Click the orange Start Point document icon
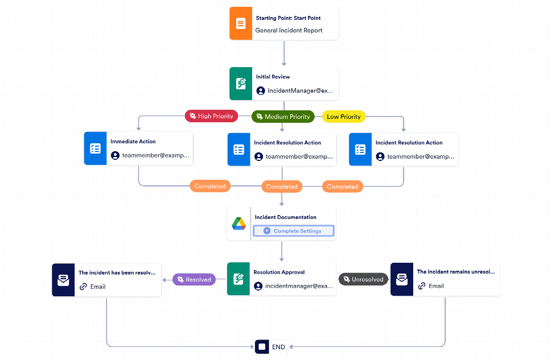241,23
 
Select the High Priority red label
212,116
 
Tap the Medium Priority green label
283,117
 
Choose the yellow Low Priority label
344,117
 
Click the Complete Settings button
294,231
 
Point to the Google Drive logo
239,224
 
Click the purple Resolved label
194,280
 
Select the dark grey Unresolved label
363,279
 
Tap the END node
272,347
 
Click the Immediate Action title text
133,142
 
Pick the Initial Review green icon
241,84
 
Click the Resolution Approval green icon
239,279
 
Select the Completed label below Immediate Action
210,186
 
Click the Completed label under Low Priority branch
343,187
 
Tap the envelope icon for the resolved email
63,280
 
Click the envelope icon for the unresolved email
402,279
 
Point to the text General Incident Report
289,31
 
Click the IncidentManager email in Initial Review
300,90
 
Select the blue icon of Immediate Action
95,148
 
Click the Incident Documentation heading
285,217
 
